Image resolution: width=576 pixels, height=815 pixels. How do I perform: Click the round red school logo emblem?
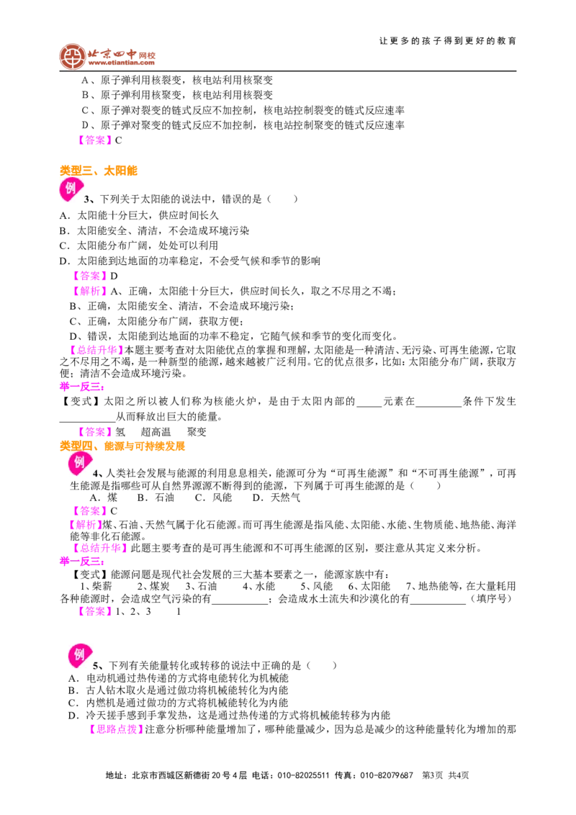click(x=72, y=56)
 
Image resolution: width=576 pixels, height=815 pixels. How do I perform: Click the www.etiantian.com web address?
click(x=121, y=63)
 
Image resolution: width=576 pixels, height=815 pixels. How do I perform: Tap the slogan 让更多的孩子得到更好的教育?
click(x=448, y=40)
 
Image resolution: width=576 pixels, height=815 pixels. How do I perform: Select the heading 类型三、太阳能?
click(x=98, y=171)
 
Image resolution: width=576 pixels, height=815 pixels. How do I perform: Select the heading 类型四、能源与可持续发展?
click(x=122, y=446)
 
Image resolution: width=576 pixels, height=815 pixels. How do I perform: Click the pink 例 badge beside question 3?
click(x=71, y=189)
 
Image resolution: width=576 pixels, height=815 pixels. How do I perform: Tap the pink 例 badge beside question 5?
click(x=80, y=655)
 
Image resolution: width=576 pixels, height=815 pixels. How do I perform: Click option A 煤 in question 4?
click(x=104, y=497)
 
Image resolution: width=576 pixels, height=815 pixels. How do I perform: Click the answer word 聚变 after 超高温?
click(x=197, y=431)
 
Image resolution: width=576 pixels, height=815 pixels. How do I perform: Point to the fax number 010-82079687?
click(x=386, y=775)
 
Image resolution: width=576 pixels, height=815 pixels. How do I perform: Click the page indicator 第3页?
click(x=433, y=775)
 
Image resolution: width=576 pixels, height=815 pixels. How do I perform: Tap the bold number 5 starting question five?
click(x=96, y=666)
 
